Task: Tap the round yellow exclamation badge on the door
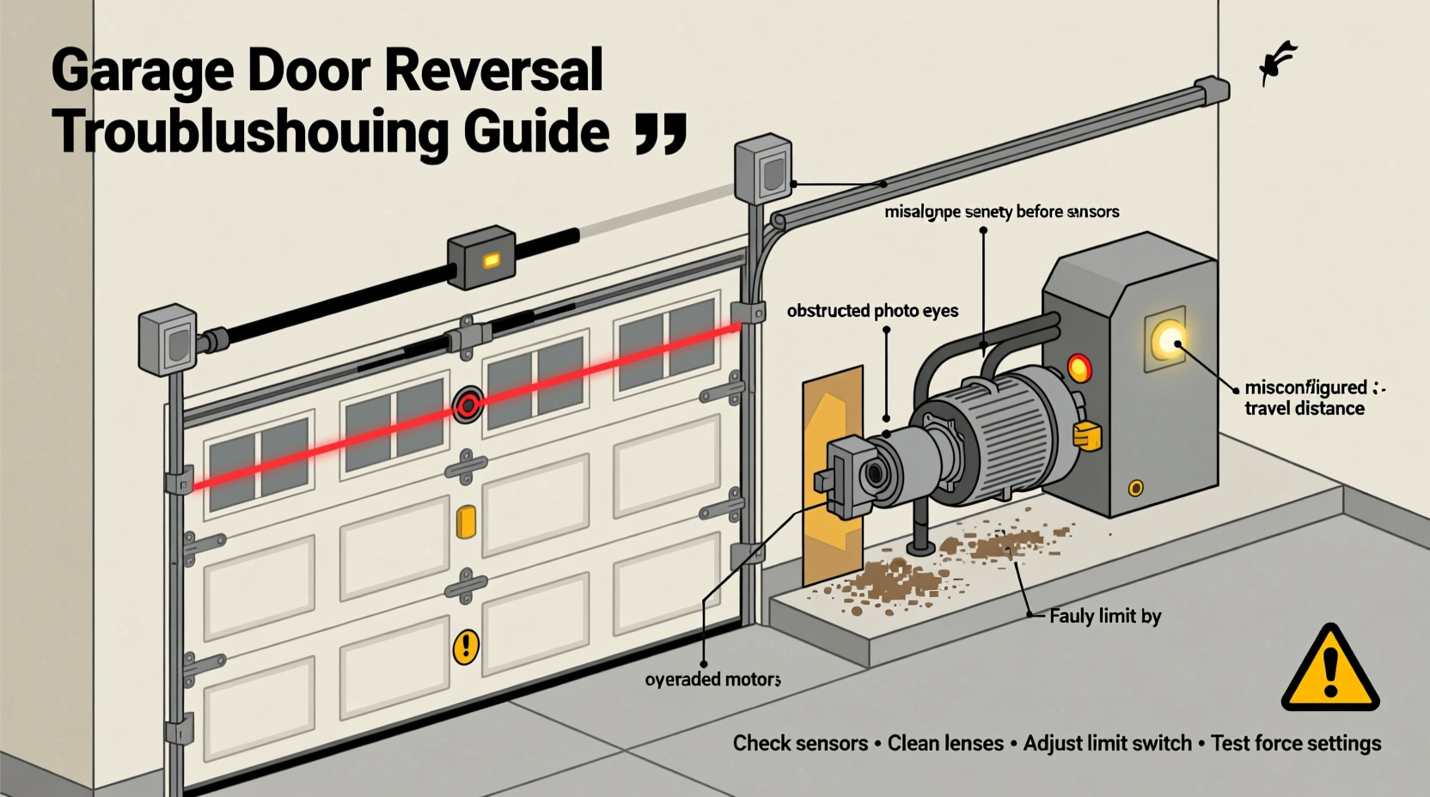click(465, 645)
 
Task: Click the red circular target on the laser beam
click(467, 405)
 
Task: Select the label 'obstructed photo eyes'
click(872, 311)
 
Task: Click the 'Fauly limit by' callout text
click(1104, 616)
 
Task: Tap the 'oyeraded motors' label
click(712, 679)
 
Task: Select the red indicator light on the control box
click(1079, 368)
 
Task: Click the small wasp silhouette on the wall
click(1278, 63)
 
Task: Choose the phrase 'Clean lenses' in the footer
click(945, 743)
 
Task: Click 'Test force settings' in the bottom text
click(1296, 743)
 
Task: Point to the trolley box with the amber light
click(482, 257)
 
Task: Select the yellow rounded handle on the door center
click(465, 522)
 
